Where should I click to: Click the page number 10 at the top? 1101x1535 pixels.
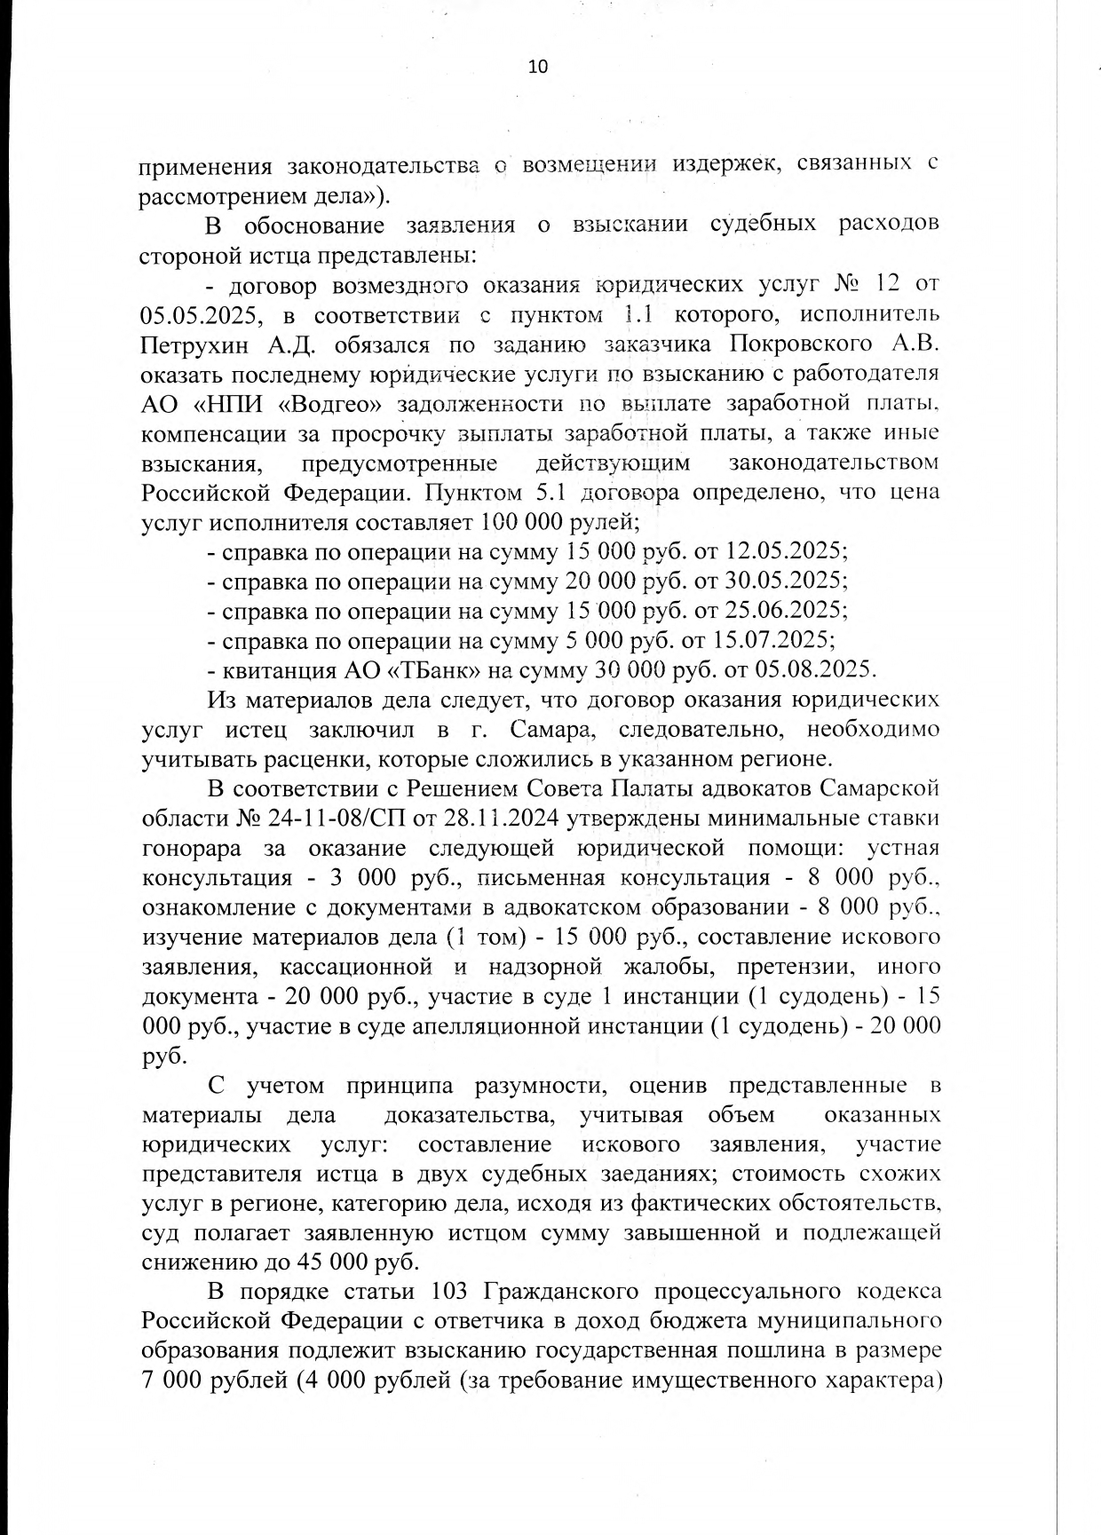538,67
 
